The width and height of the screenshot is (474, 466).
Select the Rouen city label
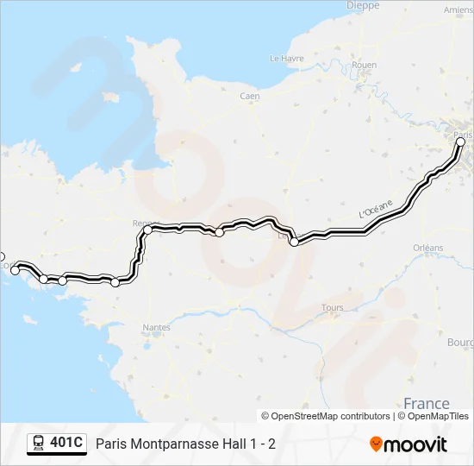(x=365, y=65)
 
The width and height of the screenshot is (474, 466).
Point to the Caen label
(x=250, y=97)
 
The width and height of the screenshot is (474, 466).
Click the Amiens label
(x=458, y=9)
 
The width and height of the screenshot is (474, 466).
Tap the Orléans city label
(x=427, y=248)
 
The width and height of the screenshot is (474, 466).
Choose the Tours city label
(x=332, y=307)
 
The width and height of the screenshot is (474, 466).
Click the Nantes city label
(x=157, y=328)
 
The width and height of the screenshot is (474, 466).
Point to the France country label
(x=427, y=403)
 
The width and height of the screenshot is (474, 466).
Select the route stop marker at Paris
(x=460, y=142)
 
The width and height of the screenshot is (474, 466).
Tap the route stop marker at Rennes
(x=147, y=230)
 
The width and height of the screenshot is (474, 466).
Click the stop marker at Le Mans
(x=294, y=242)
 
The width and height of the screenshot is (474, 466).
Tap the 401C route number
(x=66, y=444)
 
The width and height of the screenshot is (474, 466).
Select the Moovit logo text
(x=415, y=444)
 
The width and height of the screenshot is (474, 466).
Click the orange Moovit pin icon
(x=376, y=444)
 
